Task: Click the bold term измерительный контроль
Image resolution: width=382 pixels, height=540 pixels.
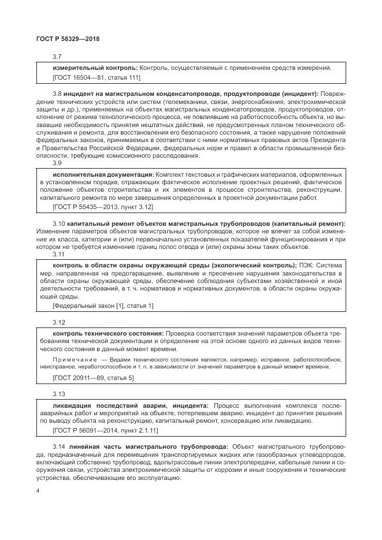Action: pyautogui.click(x=94, y=68)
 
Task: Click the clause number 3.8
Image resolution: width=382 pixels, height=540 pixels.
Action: pyautogui.click(x=57, y=92)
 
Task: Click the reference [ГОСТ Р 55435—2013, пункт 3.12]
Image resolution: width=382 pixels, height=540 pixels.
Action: pyautogui.click(x=102, y=206)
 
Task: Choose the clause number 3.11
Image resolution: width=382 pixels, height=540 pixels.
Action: pyautogui.click(x=58, y=254)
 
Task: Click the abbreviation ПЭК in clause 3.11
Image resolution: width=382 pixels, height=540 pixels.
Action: pyautogui.click(x=307, y=265)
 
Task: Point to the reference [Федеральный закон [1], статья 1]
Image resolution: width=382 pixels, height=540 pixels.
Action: pyautogui.click(x=103, y=305)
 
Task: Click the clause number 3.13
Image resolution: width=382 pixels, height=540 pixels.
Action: pyautogui.click(x=58, y=394)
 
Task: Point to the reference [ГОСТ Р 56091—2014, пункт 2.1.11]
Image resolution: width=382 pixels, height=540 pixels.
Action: pyautogui.click(x=105, y=430)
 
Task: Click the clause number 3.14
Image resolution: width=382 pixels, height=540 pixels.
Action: pyautogui.click(x=58, y=446)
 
